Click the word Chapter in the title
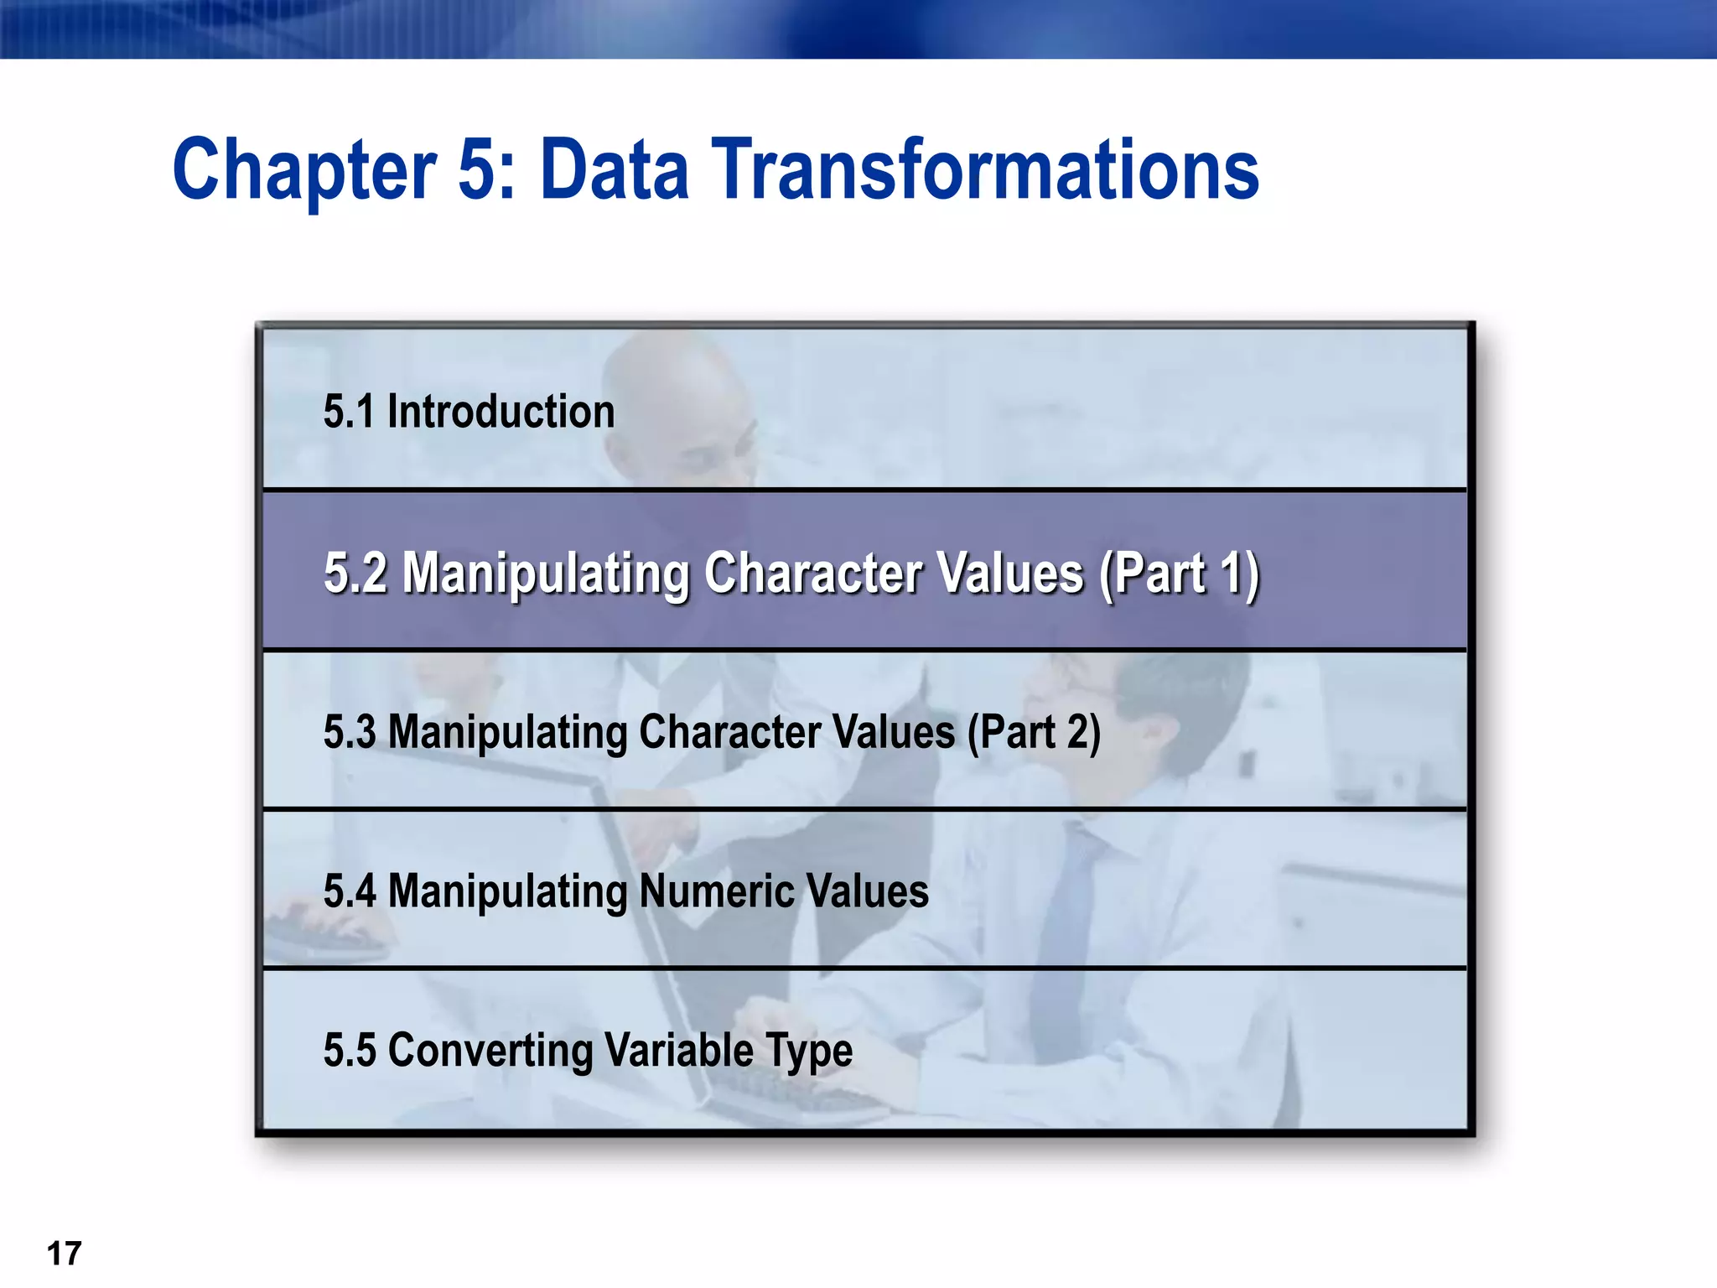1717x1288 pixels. [x=303, y=170]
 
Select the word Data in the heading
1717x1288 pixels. [x=615, y=170]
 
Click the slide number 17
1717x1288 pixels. [x=64, y=1254]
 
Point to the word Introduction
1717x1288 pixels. [x=501, y=412]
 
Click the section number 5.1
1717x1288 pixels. [x=348, y=412]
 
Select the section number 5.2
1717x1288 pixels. [x=355, y=574]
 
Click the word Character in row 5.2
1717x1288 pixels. [x=812, y=574]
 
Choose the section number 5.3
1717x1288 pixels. [x=350, y=731]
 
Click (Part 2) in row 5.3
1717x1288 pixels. [x=1034, y=731]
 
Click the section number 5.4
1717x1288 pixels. [x=350, y=891]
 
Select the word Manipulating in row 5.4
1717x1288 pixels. [x=507, y=891]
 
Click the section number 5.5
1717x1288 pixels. [x=350, y=1050]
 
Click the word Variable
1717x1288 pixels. [x=679, y=1050]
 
